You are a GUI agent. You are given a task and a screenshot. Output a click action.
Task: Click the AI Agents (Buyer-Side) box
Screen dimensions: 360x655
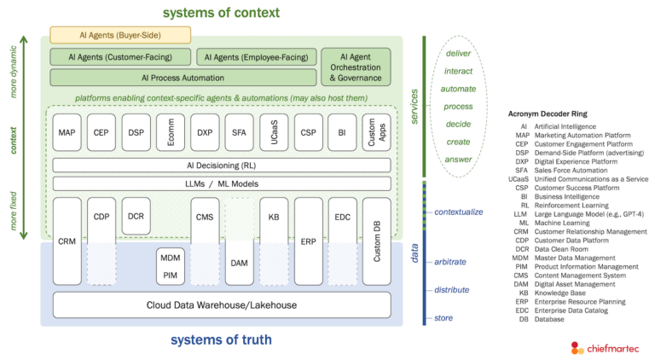point(119,35)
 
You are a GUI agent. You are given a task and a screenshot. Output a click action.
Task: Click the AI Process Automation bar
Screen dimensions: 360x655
point(183,78)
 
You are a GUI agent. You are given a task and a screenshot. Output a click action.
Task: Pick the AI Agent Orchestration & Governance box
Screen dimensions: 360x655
point(355,67)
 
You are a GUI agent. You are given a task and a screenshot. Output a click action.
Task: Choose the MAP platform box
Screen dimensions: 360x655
point(67,133)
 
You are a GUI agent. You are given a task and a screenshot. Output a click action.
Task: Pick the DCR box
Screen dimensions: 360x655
point(136,216)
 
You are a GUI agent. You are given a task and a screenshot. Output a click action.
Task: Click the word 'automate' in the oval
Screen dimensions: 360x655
point(458,89)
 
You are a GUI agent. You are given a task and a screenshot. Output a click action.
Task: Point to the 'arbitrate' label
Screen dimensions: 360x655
point(449,262)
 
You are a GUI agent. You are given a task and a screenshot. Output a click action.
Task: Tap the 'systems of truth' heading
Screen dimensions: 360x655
point(221,340)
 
